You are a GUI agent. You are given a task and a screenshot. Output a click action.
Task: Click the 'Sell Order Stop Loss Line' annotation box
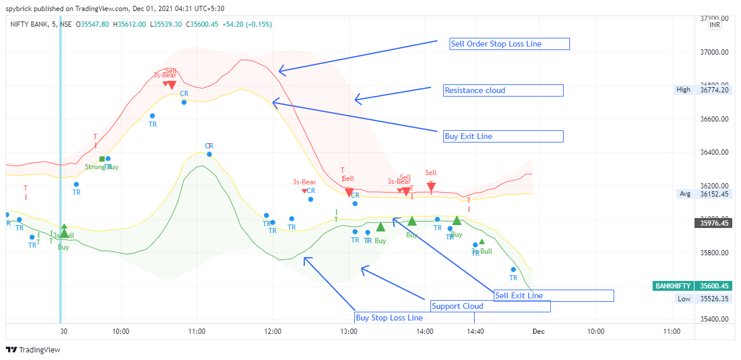coord(510,44)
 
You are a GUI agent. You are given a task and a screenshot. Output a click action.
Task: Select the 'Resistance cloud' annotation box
coord(503,90)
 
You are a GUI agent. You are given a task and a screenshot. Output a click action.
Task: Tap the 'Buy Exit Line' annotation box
coord(503,136)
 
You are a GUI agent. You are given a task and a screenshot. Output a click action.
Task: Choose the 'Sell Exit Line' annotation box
coord(553,295)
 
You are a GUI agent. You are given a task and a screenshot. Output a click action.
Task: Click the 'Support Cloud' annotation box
coord(490,306)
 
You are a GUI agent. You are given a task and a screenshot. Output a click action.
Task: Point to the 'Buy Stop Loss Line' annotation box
coord(414,318)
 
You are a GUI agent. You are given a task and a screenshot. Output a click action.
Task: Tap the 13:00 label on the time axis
coord(349,332)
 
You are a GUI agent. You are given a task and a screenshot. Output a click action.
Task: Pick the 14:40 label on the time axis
coord(475,332)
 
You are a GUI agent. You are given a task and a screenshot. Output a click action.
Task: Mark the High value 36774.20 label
coord(714,90)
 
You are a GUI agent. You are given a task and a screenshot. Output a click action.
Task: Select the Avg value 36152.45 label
coord(714,194)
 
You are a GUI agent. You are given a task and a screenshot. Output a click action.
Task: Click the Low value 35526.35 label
coord(714,299)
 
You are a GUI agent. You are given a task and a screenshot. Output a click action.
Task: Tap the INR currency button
coord(715,25)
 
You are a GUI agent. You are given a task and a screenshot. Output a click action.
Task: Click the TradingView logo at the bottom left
coord(33,350)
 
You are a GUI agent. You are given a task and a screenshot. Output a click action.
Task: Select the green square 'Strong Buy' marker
coord(102,159)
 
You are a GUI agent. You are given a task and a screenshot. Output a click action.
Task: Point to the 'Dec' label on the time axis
coord(538,332)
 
